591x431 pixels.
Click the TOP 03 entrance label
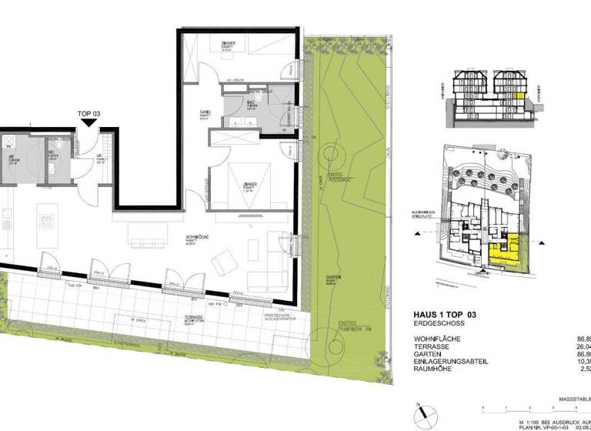click(x=89, y=114)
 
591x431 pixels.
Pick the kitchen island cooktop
click(x=46, y=224)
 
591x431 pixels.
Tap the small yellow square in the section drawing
click(x=521, y=98)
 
